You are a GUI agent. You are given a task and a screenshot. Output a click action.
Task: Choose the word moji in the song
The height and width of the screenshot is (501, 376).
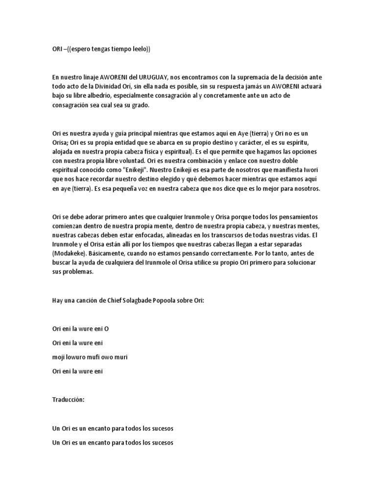coord(59,357)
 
